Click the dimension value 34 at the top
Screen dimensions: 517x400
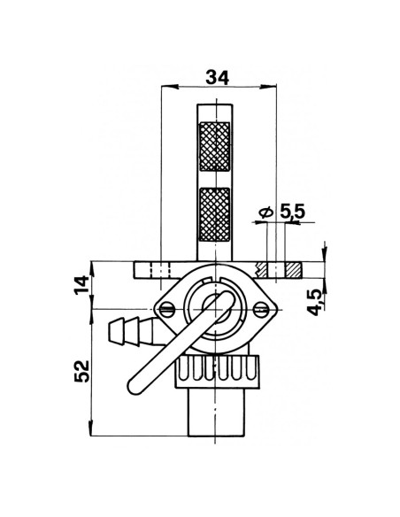pyautogui.click(x=216, y=77)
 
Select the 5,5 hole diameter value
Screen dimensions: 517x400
pyautogui.click(x=292, y=213)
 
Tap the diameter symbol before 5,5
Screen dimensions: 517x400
pyautogui.click(x=265, y=213)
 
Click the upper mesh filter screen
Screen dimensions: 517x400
pyautogui.click(x=217, y=146)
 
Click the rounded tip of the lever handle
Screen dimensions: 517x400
pyautogui.click(x=135, y=386)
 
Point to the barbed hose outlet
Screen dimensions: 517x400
pyautogui.click(x=127, y=333)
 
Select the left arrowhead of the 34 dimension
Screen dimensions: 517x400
pyautogui.click(x=165, y=87)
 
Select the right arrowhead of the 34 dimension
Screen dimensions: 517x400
pyautogui.click(x=269, y=87)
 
